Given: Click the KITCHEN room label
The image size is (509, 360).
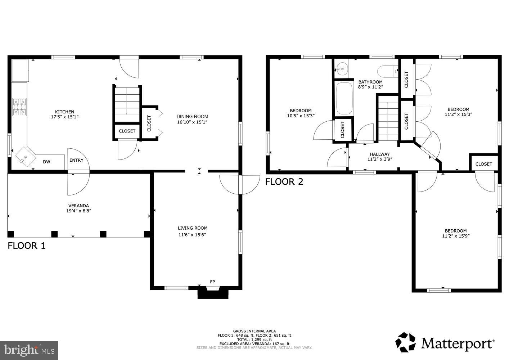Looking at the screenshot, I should pos(64,112).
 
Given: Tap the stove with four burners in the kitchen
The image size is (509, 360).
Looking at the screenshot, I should pos(19,107).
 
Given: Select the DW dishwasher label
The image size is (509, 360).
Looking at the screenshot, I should pos(46,162).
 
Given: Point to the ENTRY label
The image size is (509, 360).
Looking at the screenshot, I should pos(76,160).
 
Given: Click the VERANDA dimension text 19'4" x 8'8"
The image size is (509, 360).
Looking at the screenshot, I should pos(78,211).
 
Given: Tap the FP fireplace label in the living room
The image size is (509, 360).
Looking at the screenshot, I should pos(212,282).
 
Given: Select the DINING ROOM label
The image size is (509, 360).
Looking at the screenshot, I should pos(192,116).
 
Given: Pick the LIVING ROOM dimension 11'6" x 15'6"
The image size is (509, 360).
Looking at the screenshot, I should pos(193,235).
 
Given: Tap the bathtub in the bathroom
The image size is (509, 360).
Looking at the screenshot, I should pos(343,99).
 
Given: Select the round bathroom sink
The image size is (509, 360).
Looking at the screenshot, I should pos(342,68).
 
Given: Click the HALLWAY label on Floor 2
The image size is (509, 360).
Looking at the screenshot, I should pos(379,154).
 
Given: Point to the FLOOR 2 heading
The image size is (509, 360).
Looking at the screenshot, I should pos(284,182).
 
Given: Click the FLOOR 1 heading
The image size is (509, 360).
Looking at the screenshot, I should pos(27,246).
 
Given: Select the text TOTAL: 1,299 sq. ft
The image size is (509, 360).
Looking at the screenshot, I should pos(254,339).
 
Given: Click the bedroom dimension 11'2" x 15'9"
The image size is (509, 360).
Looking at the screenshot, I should pos(456,236).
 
